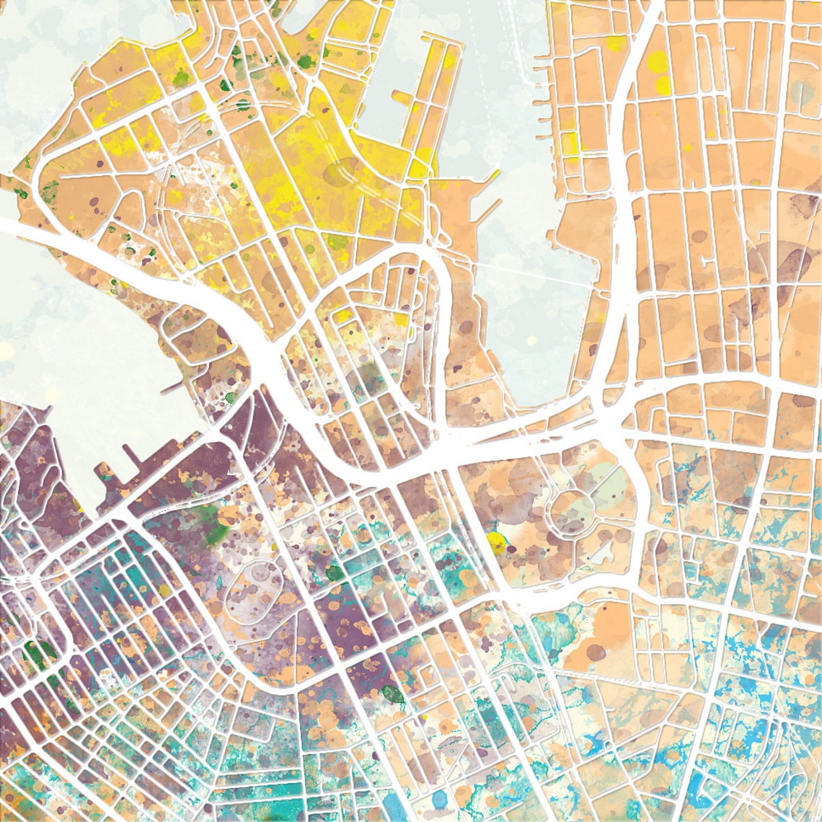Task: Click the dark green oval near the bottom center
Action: point(393,694)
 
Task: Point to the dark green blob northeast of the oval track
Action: point(335,573)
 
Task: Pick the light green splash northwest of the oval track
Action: point(216,531)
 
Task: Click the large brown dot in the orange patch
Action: point(596,652)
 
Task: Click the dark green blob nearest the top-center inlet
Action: point(306,62)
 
